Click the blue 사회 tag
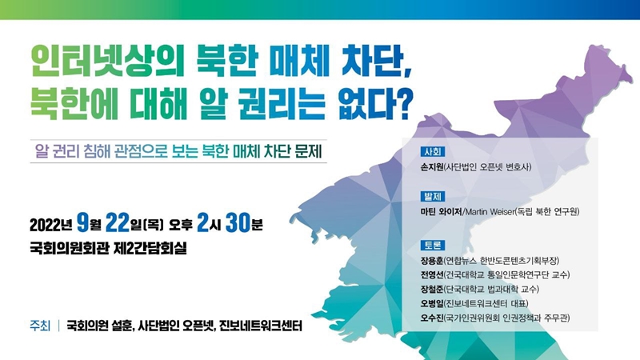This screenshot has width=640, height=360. [433, 152]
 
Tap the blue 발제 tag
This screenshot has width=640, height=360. [433, 197]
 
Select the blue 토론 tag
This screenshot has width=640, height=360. [433, 246]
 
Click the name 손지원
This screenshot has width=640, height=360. [432, 167]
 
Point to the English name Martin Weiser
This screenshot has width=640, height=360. [490, 212]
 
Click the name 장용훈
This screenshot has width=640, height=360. [432, 261]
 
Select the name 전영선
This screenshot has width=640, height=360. [432, 274]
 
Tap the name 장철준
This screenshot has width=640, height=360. [432, 289]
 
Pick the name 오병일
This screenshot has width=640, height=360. [432, 303]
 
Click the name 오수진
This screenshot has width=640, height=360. [432, 318]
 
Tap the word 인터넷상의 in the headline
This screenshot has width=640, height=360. [108, 62]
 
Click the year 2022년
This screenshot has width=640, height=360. [51, 225]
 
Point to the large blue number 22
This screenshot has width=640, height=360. [118, 223]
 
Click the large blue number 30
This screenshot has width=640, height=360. [238, 223]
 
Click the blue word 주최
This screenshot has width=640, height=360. [40, 326]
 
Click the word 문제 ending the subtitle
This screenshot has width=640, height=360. [310, 151]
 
